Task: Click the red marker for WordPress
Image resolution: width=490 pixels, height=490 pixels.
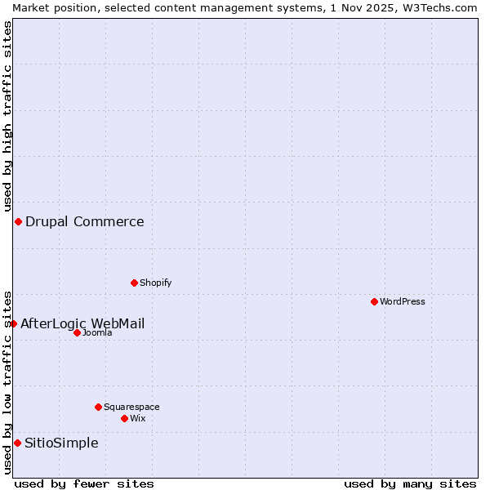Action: point(374,301)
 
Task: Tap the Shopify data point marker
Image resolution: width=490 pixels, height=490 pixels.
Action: point(134,283)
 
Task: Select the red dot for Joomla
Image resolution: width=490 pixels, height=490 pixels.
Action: point(77,332)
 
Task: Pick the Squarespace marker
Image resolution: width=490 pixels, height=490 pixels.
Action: point(98,407)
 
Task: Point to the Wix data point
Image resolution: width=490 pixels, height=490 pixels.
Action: point(124,418)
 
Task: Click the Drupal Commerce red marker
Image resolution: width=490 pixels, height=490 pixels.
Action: point(18,221)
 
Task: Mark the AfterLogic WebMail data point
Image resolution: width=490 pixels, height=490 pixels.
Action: point(13,323)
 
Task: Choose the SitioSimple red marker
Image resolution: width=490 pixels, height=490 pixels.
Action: point(17,443)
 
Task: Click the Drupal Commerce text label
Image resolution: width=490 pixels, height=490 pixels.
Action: point(84,221)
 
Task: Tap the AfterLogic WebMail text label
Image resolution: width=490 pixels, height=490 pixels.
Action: point(82,323)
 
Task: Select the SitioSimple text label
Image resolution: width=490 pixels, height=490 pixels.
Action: point(61,443)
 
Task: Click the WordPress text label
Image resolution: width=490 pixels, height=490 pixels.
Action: point(403,301)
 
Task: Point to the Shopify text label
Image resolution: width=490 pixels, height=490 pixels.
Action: point(155,283)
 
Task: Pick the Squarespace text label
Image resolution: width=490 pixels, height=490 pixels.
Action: point(131,407)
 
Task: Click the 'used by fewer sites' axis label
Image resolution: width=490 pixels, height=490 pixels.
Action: point(84,483)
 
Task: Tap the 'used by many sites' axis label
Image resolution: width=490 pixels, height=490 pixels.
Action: point(410,483)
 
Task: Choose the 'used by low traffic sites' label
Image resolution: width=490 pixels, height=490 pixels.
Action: point(7,381)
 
